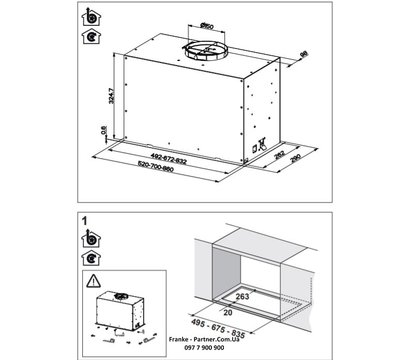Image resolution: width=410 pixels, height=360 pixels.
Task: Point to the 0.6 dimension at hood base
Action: tap(104, 132)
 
